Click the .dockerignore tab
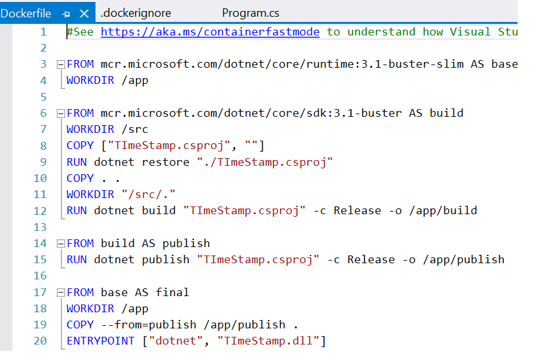pos(136,14)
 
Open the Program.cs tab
pos(250,13)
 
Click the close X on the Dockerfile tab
pos(84,14)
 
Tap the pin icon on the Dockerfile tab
pos(66,14)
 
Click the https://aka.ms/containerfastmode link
pos(210,32)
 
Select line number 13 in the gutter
pos(40,227)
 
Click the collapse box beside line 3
pos(61,65)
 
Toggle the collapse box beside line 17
pos(61,292)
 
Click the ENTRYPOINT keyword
pos(101,341)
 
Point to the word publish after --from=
pos(173,325)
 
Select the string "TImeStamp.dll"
pos(268,341)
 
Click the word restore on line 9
pos(166,162)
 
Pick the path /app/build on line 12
pos(443,211)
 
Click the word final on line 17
pos(172,292)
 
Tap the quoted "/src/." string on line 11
pos(148,194)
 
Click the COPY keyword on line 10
pos(80,178)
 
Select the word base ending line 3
pos(505,65)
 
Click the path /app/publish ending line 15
pos(464,260)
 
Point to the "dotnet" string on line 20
pos(176,341)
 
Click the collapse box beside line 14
pos(61,243)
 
